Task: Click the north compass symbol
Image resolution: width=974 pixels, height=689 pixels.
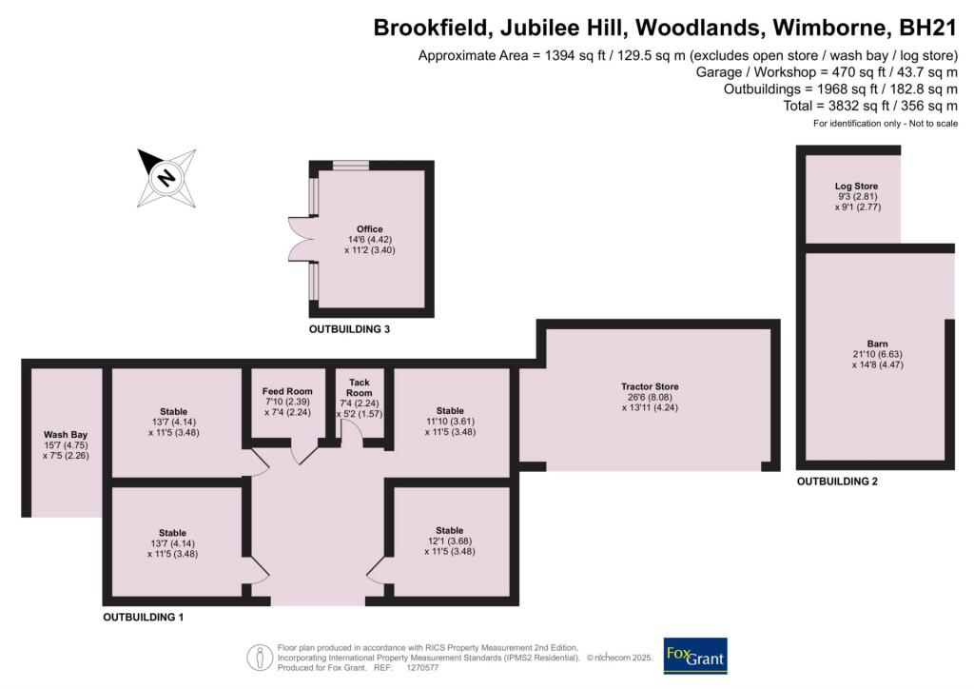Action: click(x=166, y=177)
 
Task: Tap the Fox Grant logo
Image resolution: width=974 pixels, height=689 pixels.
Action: click(x=695, y=657)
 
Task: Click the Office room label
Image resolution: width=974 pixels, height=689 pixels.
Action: click(x=370, y=229)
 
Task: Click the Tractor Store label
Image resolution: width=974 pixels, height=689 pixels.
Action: click(x=650, y=386)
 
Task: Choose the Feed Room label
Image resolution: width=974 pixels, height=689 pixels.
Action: click(x=286, y=391)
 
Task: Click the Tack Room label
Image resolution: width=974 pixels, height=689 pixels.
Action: click(x=359, y=387)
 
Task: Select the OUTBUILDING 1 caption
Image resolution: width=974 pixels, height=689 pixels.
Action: click(x=143, y=618)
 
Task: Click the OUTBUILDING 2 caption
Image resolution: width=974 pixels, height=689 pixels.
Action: click(x=837, y=482)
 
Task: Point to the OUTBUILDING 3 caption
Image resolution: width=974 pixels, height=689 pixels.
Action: click(x=349, y=329)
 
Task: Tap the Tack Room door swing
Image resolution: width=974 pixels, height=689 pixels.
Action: click(x=348, y=433)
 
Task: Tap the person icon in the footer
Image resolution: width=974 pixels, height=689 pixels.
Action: click(x=258, y=657)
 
